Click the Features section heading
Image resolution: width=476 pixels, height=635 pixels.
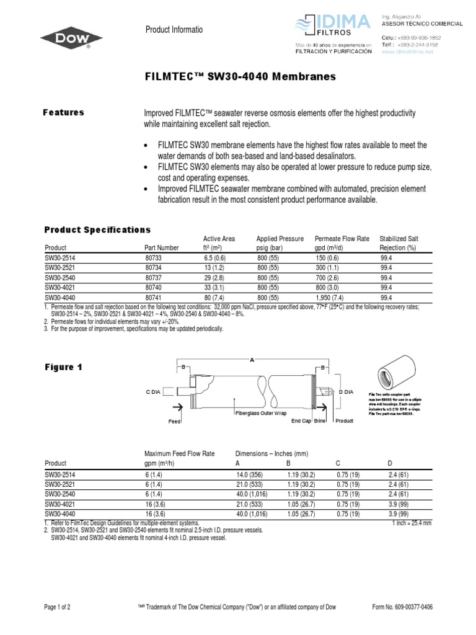63,112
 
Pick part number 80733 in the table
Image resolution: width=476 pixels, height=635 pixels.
152,258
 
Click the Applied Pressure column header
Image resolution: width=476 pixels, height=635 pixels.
280,242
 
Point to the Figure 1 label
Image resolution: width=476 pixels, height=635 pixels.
63,367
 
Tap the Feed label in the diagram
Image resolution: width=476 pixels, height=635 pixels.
174,420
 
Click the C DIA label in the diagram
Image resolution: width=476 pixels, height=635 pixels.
155,392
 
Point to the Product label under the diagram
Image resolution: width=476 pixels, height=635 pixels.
344,420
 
